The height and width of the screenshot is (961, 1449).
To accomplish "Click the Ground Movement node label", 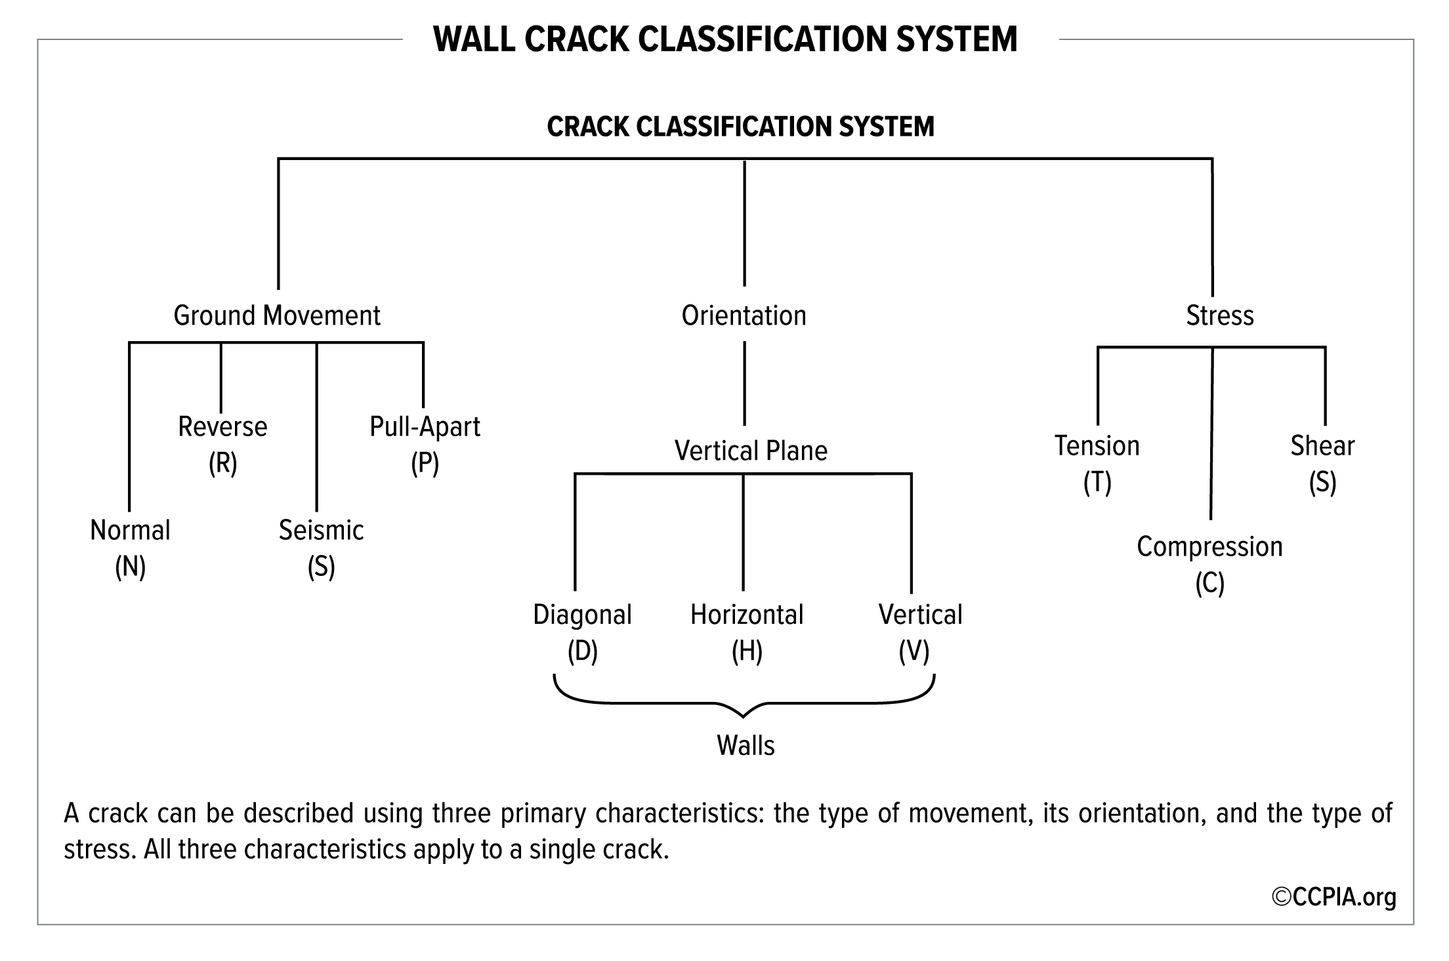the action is (x=277, y=316).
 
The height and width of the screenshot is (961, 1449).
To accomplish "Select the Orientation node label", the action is (x=744, y=316).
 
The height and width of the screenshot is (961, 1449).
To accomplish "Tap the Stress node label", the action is (x=1220, y=316).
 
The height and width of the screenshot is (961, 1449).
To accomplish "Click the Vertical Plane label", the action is (x=751, y=451).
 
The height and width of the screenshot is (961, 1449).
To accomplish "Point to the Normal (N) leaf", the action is (x=130, y=548).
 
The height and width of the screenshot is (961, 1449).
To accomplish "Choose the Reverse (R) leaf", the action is (x=223, y=445).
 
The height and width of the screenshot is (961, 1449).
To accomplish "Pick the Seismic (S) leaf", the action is (x=322, y=548).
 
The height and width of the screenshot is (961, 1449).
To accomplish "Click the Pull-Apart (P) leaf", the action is (x=425, y=445).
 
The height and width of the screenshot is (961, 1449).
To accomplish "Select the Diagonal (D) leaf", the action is (x=583, y=633).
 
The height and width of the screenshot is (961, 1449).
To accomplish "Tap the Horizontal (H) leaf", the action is (x=747, y=633).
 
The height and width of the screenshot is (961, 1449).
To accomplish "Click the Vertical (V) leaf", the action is (x=921, y=633).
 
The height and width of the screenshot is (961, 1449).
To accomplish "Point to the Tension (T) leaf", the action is (x=1097, y=464).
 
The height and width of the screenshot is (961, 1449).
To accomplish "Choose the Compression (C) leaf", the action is (x=1210, y=565).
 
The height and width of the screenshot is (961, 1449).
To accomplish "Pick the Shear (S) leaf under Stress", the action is (x=1323, y=464).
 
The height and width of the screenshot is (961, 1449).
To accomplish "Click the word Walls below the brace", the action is (x=746, y=746).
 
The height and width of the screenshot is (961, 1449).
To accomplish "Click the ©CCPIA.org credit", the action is (x=1334, y=897).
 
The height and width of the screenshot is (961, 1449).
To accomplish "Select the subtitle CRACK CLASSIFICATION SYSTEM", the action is (x=741, y=127).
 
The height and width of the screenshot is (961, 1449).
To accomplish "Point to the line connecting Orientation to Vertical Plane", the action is (x=744, y=383).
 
